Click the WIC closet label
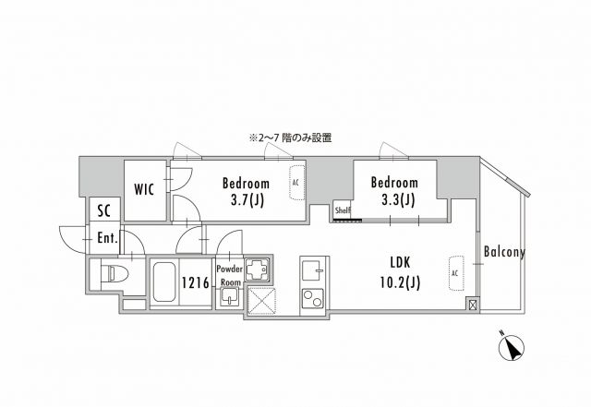[x=144, y=190]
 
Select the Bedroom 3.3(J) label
[x=393, y=191]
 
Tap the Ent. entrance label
[x=108, y=237]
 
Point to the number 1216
[x=195, y=282]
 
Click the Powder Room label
[x=229, y=275]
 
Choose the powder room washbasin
[x=228, y=296]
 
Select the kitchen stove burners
[x=310, y=298]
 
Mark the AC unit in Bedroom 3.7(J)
[x=295, y=183]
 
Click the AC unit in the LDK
[x=454, y=274]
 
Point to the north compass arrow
[x=511, y=349]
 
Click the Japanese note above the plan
[x=289, y=138]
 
